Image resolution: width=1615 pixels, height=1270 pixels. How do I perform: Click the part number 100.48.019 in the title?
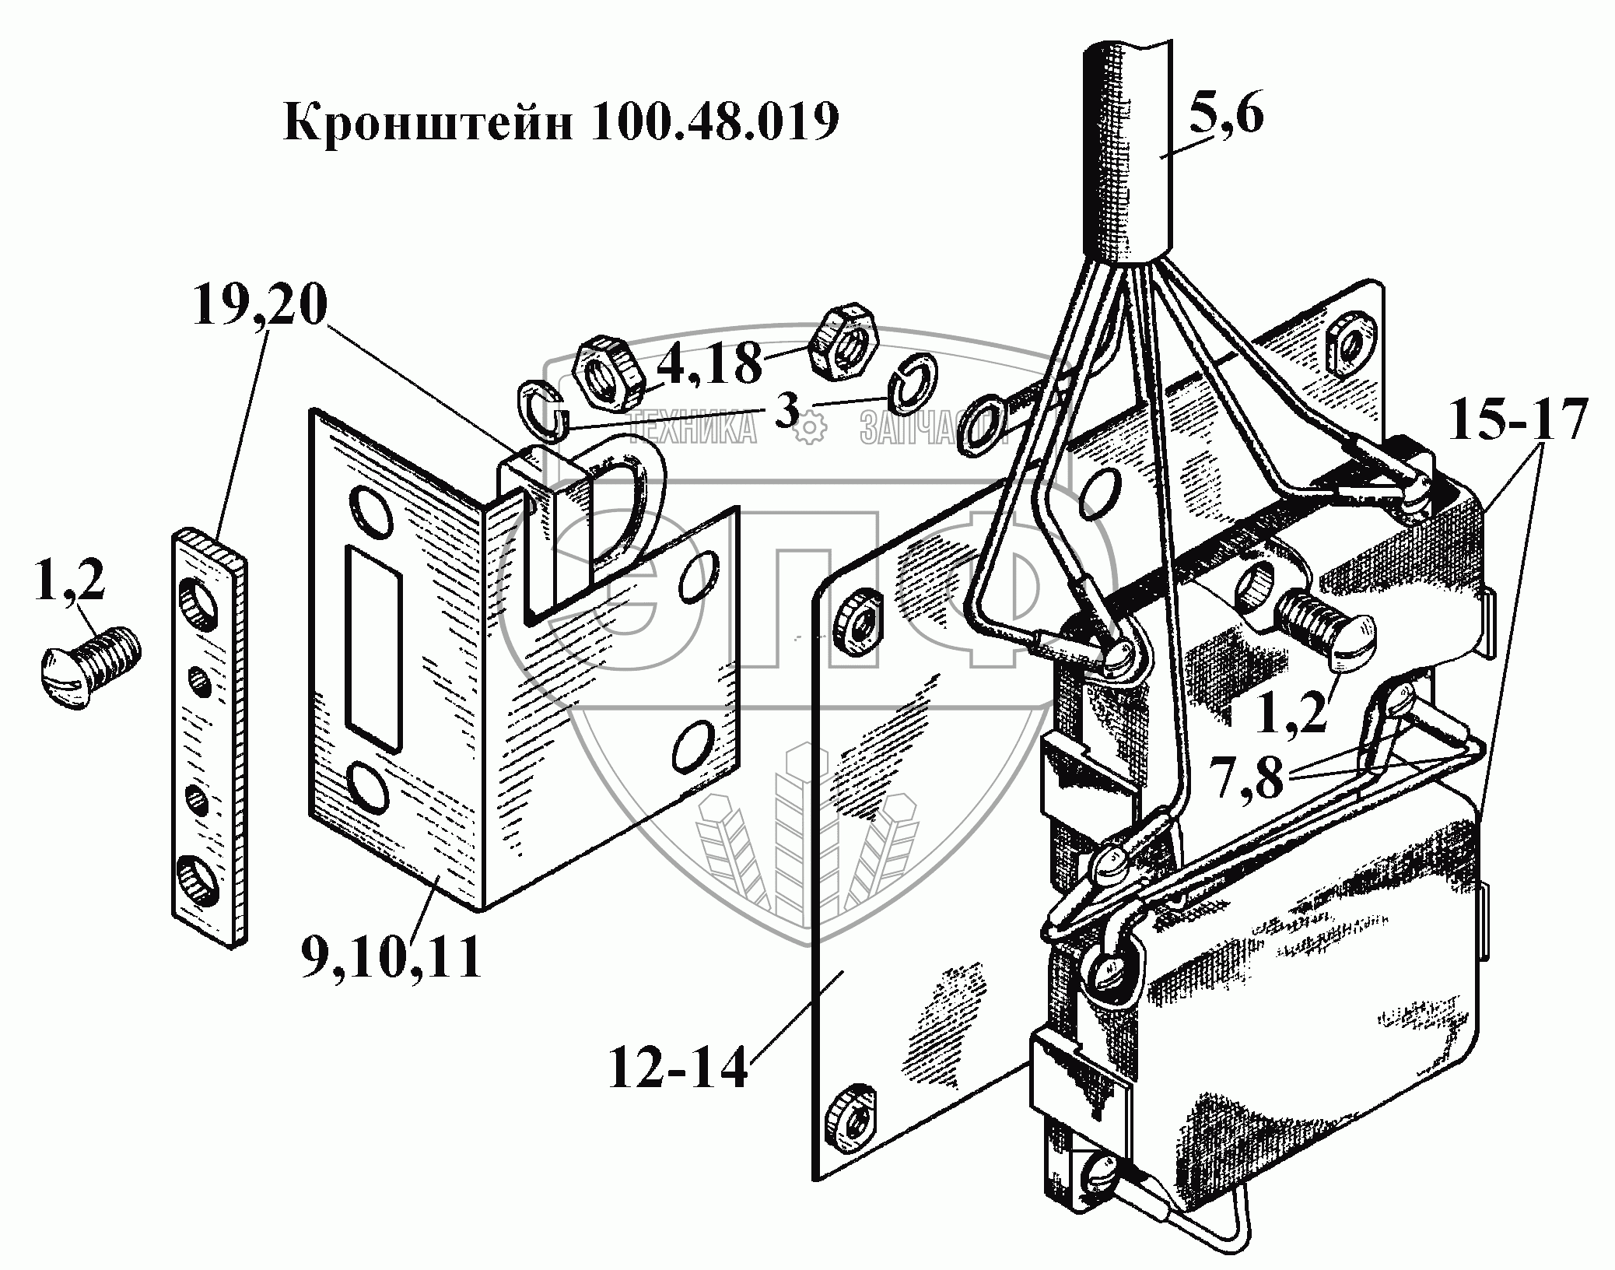click(x=713, y=122)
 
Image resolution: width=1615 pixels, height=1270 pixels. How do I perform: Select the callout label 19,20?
click(x=261, y=307)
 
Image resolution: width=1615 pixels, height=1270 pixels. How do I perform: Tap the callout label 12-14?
click(x=677, y=1068)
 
